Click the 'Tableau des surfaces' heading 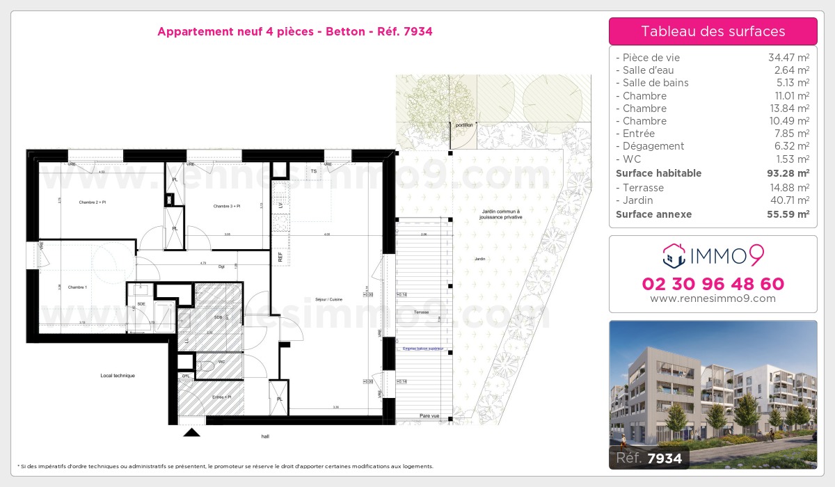713,31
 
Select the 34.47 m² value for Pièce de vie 788,58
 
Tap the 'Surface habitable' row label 658,173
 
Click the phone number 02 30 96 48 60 713,284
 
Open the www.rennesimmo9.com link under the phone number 713,298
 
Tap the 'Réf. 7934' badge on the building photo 649,458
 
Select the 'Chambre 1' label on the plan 77,287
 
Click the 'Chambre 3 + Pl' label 227,206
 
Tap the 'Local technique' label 118,376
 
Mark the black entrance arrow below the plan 191,432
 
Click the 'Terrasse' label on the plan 421,313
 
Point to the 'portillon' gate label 463,125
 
